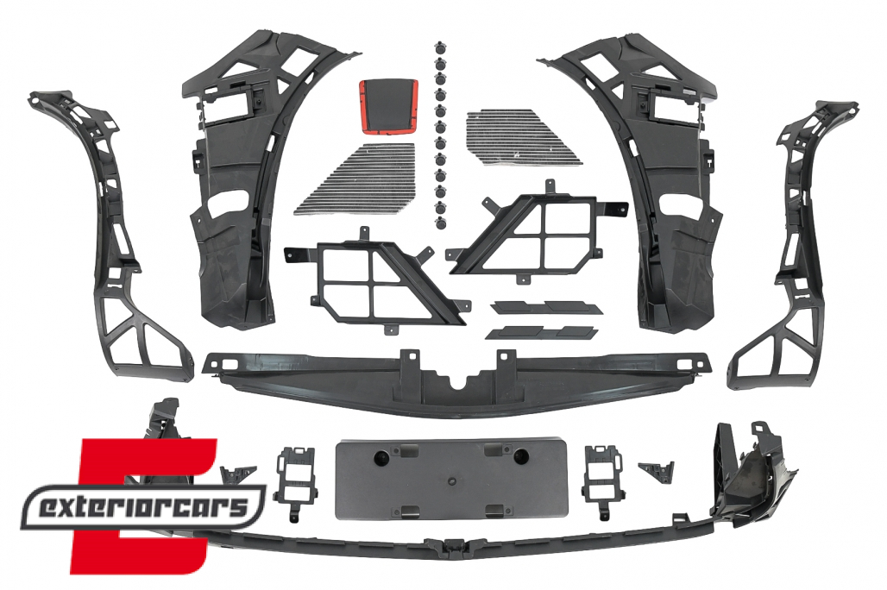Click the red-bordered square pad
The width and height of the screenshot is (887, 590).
pos(389,108)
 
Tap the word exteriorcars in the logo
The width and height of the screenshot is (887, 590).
pos(142,506)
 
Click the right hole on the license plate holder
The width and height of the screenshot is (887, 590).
pos(521,455)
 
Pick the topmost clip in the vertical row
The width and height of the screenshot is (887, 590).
pos(439,47)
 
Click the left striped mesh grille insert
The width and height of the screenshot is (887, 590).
pos(356,179)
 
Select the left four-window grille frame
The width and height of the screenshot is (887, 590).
pos(375,280)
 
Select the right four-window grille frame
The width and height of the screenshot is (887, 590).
pos(538,233)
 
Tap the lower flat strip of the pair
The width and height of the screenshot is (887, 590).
pos(541,332)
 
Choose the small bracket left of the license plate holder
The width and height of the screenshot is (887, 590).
pos(294,477)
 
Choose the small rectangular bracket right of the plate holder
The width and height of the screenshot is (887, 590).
pos(604,475)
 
